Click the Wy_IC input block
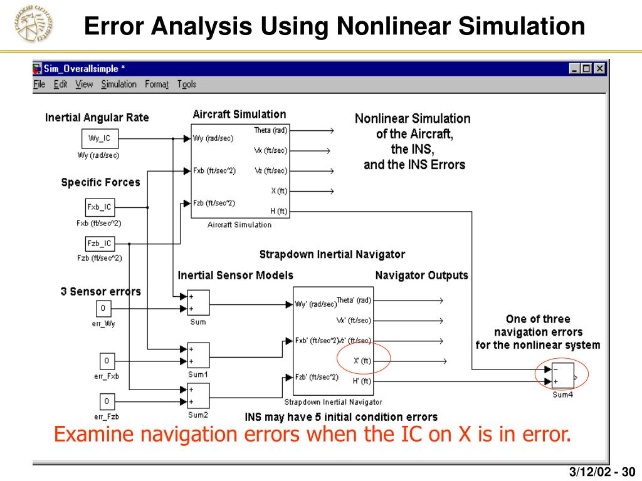pyautogui.click(x=99, y=139)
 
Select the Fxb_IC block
pyautogui.click(x=99, y=207)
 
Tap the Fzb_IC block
pyautogui.click(x=99, y=244)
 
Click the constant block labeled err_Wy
pyautogui.click(x=104, y=309)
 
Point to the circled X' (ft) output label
pyautogui.click(x=362, y=360)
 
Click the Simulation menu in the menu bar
pyautogui.click(x=118, y=85)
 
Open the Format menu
pyautogui.click(x=157, y=85)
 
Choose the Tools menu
pyautogui.click(x=186, y=85)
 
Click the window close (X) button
pyautogui.click(x=599, y=69)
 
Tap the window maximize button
pyautogui.click(x=587, y=69)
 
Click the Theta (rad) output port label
pyautogui.click(x=270, y=130)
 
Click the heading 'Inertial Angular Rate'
pyautogui.click(x=97, y=118)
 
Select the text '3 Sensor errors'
pyautogui.click(x=101, y=291)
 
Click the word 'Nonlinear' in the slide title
pyautogui.click(x=392, y=26)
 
